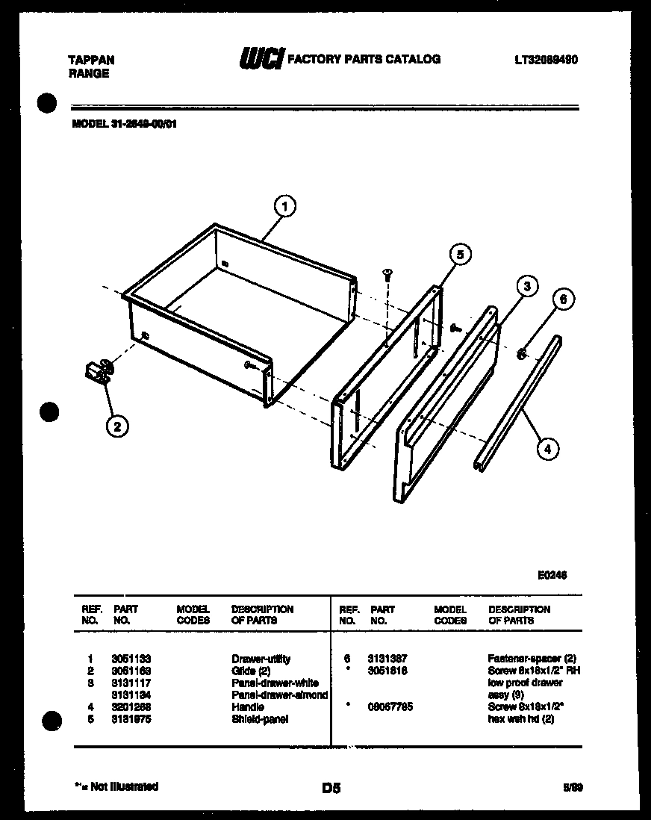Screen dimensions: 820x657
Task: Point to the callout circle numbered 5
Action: [x=460, y=255]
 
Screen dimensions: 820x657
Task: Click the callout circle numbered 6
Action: [x=564, y=299]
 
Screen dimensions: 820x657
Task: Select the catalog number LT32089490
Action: [x=546, y=60]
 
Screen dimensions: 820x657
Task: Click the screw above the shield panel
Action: [x=387, y=275]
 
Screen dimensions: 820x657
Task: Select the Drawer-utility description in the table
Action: [x=261, y=659]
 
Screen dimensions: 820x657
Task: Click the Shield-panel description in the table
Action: [x=259, y=719]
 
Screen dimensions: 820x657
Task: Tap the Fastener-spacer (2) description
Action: [x=532, y=659]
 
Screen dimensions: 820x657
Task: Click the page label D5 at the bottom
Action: [x=331, y=787]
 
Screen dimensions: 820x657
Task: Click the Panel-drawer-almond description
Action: [x=279, y=695]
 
